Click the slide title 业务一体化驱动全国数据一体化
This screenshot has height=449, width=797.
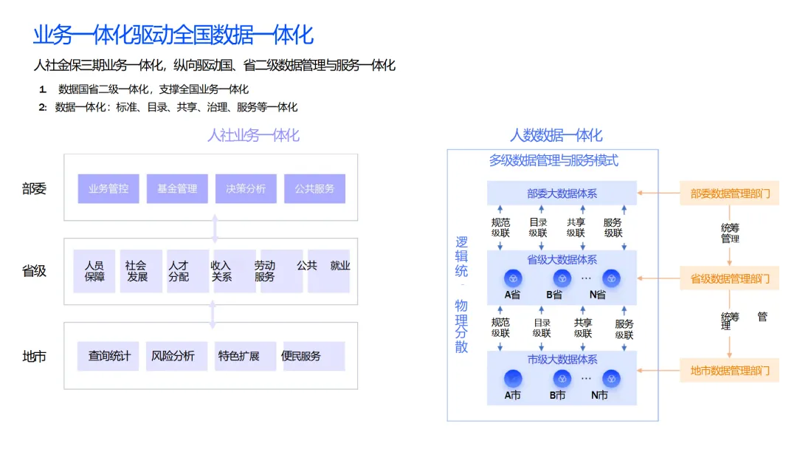tap(173, 34)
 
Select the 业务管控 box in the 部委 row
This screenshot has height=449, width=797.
tap(108, 188)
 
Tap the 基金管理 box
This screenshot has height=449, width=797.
tap(177, 188)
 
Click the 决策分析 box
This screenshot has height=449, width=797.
tap(246, 188)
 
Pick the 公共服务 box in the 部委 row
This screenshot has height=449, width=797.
tap(314, 188)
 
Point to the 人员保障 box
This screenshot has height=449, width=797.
tap(94, 271)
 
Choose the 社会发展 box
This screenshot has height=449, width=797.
tap(137, 271)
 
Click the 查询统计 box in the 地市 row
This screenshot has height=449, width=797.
tap(108, 356)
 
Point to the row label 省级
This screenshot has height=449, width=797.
tap(34, 271)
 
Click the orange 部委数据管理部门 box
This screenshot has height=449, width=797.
tap(729, 193)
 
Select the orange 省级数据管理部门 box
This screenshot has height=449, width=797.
tap(729, 279)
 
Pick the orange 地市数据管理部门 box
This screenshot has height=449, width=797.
tap(729, 370)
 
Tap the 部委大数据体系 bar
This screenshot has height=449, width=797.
tap(562, 193)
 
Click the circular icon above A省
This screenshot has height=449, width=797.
tap(513, 278)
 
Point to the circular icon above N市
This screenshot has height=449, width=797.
tap(610, 379)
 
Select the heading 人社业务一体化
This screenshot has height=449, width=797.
tap(253, 135)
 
